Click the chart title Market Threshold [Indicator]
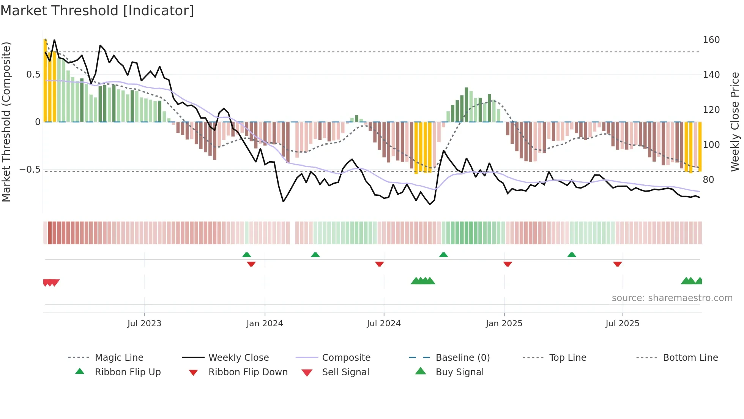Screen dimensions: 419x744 (x=97, y=11)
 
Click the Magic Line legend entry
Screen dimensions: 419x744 (x=119, y=357)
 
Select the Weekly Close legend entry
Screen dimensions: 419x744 (x=238, y=357)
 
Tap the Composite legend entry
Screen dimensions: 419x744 (x=346, y=357)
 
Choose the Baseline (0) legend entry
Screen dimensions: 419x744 (x=462, y=357)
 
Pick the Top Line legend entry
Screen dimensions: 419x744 (x=567, y=357)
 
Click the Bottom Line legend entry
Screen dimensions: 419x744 (x=690, y=357)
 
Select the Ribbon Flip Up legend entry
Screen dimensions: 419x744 (x=128, y=372)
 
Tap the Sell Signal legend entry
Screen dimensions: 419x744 (x=345, y=372)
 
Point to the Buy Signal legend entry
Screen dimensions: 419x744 (x=459, y=372)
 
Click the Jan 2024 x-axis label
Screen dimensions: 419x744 (x=265, y=324)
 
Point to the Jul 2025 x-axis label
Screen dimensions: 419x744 (x=622, y=324)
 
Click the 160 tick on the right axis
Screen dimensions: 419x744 (x=711, y=40)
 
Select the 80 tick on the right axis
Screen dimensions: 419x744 (x=708, y=179)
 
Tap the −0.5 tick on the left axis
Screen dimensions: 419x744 (x=30, y=170)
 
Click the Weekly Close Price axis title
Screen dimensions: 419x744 (x=735, y=122)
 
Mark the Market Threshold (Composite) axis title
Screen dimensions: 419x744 (x=6, y=122)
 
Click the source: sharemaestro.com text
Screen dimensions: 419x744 (x=672, y=298)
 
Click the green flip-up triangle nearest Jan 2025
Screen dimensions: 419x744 (x=443, y=254)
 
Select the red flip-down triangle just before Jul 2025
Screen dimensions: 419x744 (x=617, y=264)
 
